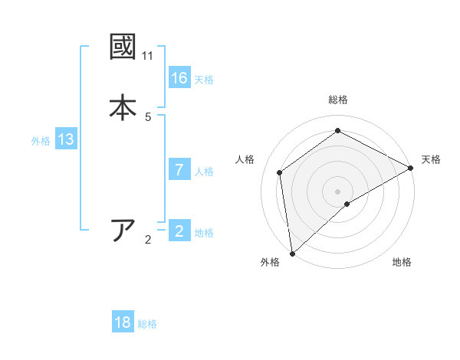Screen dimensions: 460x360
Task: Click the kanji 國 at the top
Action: [123, 47]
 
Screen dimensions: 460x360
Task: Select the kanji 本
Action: [123, 106]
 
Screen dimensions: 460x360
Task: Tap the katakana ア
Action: [123, 230]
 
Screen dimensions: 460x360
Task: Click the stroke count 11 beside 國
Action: [147, 56]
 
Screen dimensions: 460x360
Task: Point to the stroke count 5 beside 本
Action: [148, 116]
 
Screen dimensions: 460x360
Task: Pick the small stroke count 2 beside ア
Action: [148, 240]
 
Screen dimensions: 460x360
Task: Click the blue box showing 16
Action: [179, 78]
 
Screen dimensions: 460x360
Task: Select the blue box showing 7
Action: [179, 170]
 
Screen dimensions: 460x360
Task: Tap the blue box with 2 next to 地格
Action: [179, 231]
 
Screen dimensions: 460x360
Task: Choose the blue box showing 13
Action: [66, 140]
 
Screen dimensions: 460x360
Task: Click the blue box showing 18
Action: [123, 322]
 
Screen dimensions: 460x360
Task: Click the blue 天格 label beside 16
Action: [204, 80]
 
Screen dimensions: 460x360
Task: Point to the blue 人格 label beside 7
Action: [204, 172]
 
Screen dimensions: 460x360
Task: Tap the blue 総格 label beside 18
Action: [147, 324]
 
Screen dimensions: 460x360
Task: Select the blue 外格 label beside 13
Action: [41, 141]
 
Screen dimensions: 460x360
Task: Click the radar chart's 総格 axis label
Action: [338, 100]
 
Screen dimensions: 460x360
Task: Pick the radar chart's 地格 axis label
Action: [402, 263]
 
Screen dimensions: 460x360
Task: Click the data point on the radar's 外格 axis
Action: [292, 253]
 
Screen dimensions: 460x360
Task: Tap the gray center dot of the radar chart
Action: [338, 191]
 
